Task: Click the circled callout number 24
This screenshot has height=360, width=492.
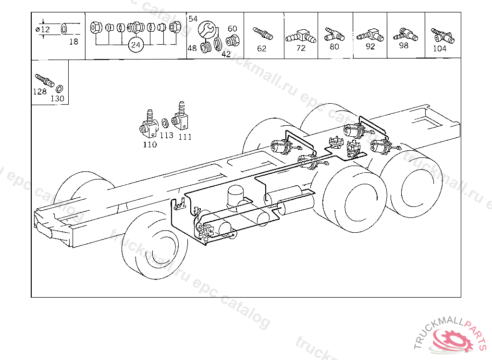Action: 135,45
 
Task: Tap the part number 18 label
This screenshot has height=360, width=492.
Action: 74,42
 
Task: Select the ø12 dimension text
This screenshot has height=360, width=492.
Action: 43,29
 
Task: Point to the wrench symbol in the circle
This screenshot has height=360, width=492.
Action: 207,29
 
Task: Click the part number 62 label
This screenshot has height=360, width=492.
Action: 262,48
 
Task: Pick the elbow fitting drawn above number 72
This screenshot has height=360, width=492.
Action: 301,36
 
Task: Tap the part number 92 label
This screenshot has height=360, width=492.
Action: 370,47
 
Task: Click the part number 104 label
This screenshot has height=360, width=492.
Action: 440,48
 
